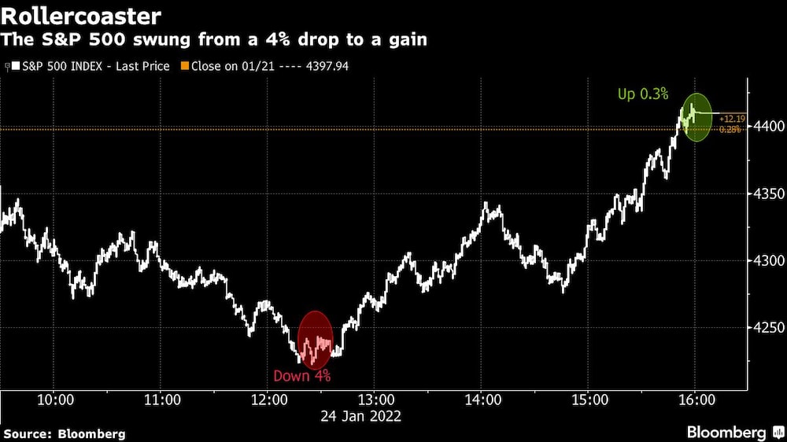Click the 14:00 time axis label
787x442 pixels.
tap(482, 400)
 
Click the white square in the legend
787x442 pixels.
tap(14, 66)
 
